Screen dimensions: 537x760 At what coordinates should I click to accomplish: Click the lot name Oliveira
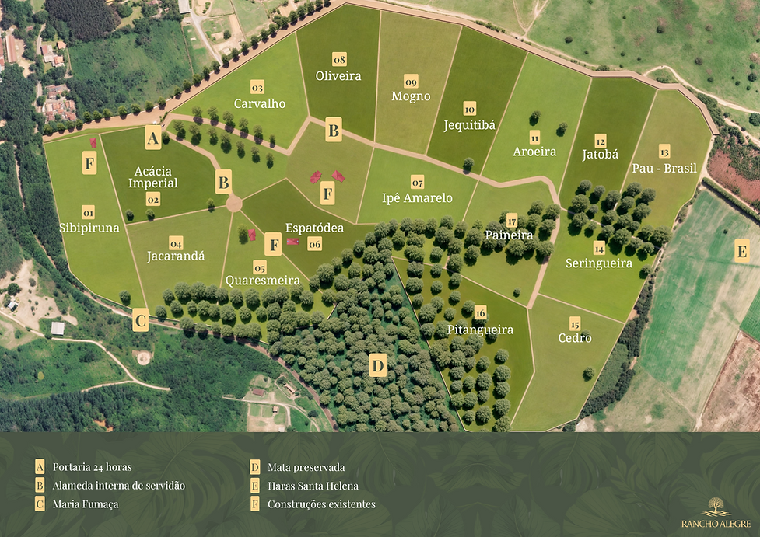pos(338,76)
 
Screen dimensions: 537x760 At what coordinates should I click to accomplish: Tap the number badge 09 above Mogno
pos(412,82)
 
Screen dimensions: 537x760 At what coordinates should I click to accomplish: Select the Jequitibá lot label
pos(469,124)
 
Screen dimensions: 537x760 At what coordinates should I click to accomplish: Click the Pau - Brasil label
pos(664,168)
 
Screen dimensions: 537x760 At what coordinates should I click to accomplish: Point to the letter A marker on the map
pos(153,138)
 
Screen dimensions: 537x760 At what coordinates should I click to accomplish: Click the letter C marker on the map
pos(141,320)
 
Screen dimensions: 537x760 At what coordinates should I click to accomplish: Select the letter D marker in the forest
pos(378,365)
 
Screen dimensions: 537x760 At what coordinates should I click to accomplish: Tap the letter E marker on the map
pos(742,251)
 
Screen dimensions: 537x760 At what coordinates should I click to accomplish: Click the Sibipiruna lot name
pos(88,228)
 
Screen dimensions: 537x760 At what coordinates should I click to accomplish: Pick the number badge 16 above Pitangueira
pos(481,312)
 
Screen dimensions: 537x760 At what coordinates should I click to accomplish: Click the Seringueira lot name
pos(599,263)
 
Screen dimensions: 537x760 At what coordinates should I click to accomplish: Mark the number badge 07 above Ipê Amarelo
pos(418,183)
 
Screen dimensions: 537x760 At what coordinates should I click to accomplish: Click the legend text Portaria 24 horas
pos(93,467)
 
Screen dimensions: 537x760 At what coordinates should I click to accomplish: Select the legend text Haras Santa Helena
pos(313,486)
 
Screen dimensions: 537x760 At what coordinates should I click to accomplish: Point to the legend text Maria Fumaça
pos(86,504)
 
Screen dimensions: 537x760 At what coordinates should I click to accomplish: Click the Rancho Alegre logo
pos(716,512)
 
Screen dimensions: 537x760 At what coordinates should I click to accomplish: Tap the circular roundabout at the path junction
pos(233,204)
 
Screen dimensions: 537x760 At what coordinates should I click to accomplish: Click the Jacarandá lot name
pos(177,255)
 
